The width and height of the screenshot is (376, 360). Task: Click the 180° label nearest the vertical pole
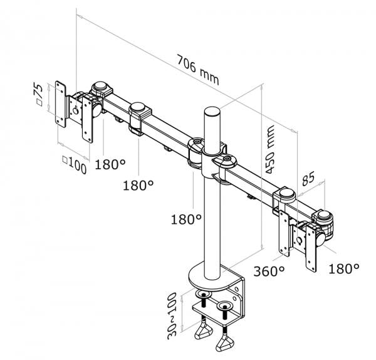tap(186, 220)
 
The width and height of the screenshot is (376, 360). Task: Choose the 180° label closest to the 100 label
tap(111, 165)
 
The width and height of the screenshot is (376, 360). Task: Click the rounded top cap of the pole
tap(211, 114)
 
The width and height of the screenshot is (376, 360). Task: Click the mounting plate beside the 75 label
tap(61, 101)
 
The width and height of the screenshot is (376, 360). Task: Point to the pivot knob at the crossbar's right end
tap(326, 218)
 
